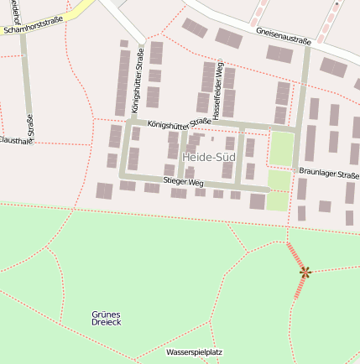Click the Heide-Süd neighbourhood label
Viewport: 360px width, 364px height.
(x=207, y=158)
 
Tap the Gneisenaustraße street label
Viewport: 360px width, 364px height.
(x=284, y=38)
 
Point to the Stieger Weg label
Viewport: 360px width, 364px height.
(x=184, y=182)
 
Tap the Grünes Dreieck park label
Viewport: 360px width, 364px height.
(x=106, y=318)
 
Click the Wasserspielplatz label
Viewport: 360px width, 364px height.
(x=194, y=352)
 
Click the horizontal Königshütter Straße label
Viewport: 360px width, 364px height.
(x=179, y=124)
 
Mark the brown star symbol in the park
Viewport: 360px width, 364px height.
(x=305, y=272)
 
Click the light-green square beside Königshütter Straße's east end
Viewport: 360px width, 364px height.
(x=281, y=149)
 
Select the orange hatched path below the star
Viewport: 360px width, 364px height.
(x=300, y=288)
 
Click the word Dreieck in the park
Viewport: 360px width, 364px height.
(x=106, y=323)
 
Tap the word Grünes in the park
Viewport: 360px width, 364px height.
(x=106, y=314)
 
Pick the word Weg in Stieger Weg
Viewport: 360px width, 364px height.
(x=196, y=182)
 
